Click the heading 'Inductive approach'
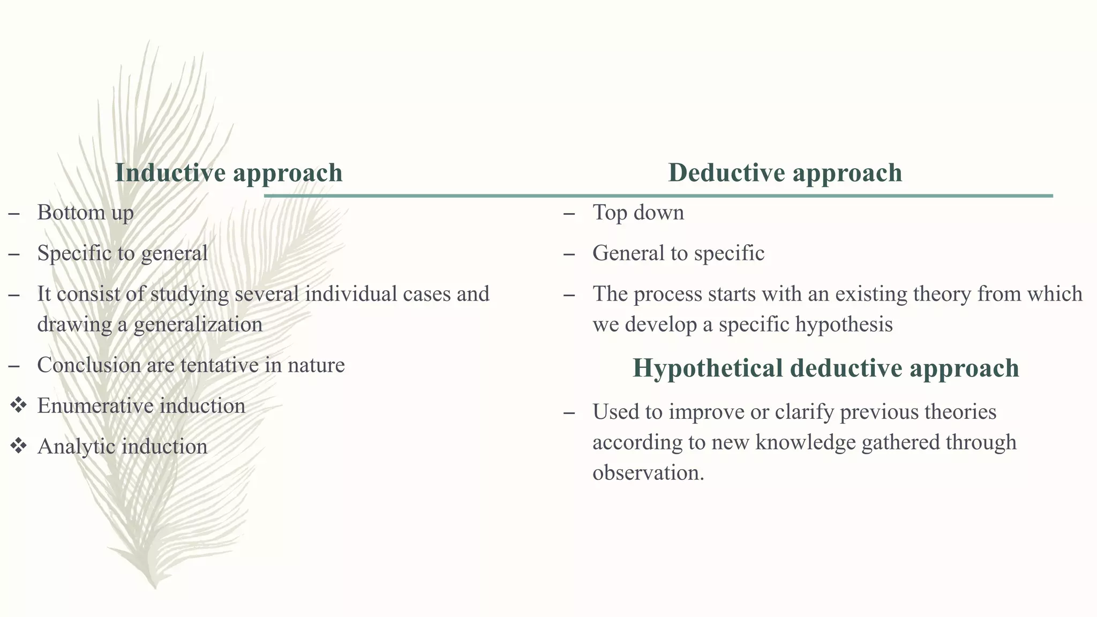[x=229, y=173]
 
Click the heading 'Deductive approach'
[x=785, y=173]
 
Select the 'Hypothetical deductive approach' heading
[x=825, y=368]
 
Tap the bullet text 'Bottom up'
[x=85, y=213]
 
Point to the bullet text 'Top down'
[x=638, y=213]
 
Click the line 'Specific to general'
[x=122, y=253]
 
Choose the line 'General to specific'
[x=678, y=253]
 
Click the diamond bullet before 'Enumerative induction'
[x=18, y=405]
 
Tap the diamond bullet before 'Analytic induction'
[x=18, y=446]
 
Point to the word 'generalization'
[x=198, y=325]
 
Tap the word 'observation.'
[x=648, y=473]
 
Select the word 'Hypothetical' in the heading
[x=707, y=368]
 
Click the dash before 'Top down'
[x=569, y=213]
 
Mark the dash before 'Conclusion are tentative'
[x=14, y=366]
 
